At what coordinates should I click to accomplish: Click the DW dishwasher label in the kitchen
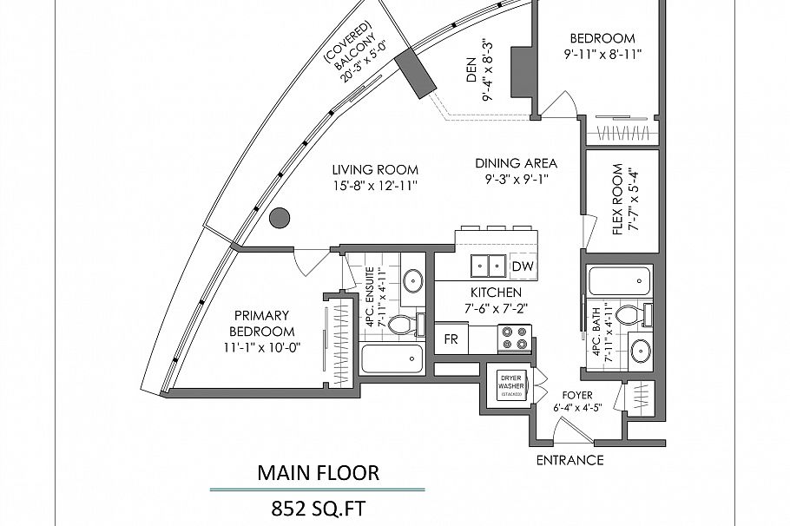point(522,266)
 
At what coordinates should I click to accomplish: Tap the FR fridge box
point(451,339)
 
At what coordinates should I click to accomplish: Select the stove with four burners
point(513,338)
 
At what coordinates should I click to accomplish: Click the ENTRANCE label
point(569,460)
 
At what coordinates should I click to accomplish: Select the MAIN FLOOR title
point(318,473)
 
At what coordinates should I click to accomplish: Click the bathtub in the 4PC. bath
point(618,281)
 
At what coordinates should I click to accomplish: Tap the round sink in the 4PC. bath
point(641,352)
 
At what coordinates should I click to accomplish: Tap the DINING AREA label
point(516,163)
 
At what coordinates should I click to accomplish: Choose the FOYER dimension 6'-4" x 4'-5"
point(577,409)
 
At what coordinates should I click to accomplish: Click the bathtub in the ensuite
point(391,359)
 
